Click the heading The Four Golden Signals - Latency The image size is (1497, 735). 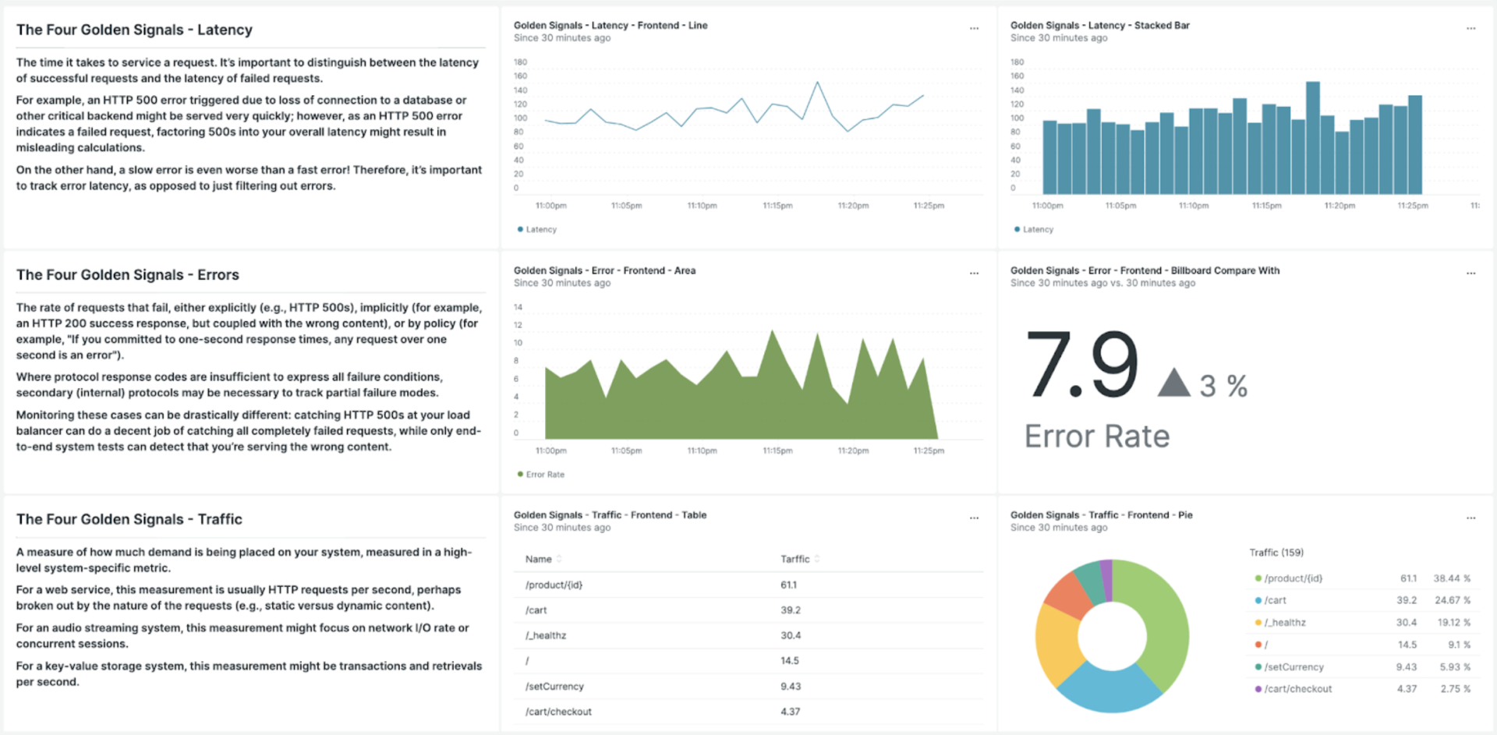(x=134, y=30)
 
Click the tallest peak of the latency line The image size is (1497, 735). (x=817, y=83)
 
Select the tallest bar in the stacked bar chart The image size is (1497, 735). (x=1313, y=138)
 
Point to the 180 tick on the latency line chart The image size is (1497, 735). (x=520, y=62)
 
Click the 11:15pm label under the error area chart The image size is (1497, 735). (x=777, y=451)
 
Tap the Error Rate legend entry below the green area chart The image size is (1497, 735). (x=544, y=474)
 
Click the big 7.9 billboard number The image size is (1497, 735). (x=1081, y=365)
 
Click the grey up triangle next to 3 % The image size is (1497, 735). (x=1173, y=383)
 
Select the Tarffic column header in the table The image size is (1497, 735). (x=795, y=559)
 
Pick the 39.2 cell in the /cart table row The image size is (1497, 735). (x=791, y=610)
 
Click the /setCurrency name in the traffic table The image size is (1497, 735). (x=554, y=686)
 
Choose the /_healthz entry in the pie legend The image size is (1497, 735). (x=1284, y=622)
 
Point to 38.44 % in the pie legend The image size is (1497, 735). (x=1451, y=578)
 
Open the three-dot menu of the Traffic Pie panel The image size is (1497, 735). (x=1470, y=518)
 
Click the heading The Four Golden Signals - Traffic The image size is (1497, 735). (x=129, y=519)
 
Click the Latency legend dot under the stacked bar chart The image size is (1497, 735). (x=1017, y=229)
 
